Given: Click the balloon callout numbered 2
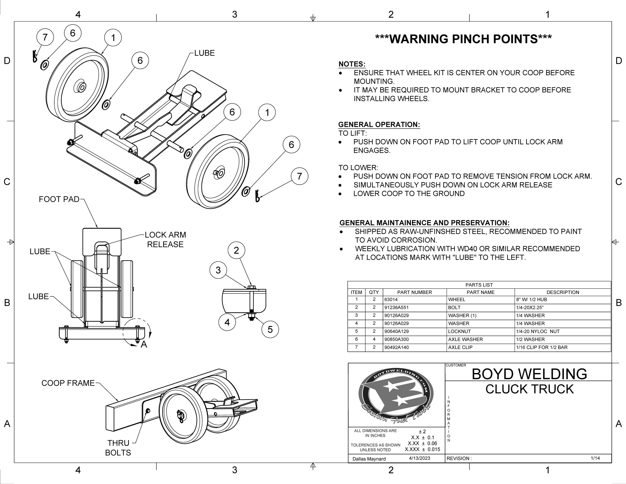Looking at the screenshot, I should pyautogui.click(x=236, y=251).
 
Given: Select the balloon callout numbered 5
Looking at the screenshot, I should pyautogui.click(x=270, y=329).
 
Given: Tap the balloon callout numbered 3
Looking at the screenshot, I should pyautogui.click(x=218, y=270).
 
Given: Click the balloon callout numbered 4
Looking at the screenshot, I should pyautogui.click(x=227, y=322).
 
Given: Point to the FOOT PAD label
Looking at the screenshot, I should pyautogui.click(x=59, y=199).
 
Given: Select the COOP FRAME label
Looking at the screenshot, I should pyautogui.click(x=68, y=383).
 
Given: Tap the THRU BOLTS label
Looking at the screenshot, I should pyautogui.click(x=118, y=448).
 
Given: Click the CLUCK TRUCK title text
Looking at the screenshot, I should pyautogui.click(x=529, y=389).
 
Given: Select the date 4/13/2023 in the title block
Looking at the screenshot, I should pyautogui.click(x=419, y=458).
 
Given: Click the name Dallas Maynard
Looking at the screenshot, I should pyautogui.click(x=369, y=459).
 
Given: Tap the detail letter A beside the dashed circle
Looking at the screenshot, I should pyautogui.click(x=144, y=344).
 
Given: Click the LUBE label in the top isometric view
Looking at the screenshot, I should pyautogui.click(x=204, y=53).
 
